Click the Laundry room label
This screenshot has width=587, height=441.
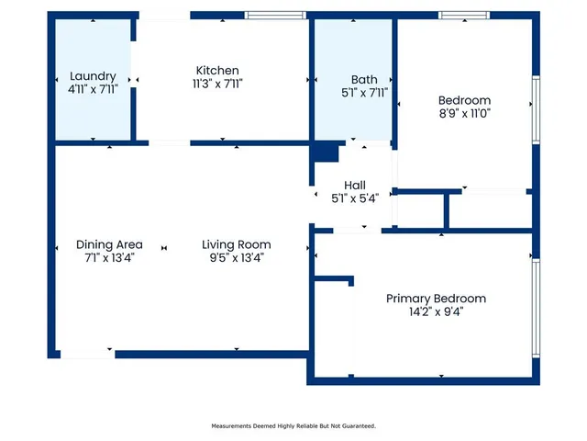coord(93,76)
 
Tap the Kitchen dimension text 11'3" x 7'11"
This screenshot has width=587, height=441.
coord(217,84)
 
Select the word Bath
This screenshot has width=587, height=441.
coord(364,80)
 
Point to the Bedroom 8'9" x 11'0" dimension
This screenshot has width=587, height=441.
coord(465,113)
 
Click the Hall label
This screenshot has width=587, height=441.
coord(355,186)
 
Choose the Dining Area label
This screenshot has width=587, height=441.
coord(109,244)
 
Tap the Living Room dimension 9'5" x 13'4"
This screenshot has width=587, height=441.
coord(237,257)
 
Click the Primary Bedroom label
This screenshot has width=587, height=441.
coord(437,299)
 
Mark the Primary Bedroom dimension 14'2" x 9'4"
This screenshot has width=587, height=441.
coord(437,311)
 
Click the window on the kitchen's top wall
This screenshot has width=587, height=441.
coord(275,15)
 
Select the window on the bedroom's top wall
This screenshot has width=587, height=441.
coord(464,15)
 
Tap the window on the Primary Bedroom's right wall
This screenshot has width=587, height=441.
coord(536,309)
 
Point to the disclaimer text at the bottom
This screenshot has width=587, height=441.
coord(293,426)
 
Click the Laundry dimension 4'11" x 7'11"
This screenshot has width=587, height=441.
coord(93,89)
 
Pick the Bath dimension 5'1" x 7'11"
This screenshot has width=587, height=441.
coord(364,93)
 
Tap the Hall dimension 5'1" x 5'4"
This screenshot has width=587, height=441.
coord(355,198)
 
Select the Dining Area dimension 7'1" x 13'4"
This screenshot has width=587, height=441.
coord(109,257)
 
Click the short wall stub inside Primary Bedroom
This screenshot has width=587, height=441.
coord(334,278)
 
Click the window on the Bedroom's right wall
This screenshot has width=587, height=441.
coord(536,110)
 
